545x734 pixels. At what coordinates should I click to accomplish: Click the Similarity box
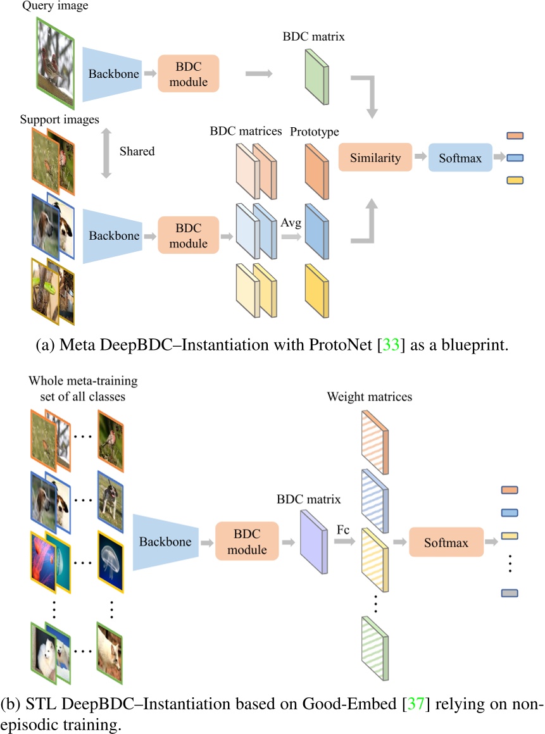point(375,158)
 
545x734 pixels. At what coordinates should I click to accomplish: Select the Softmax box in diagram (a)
point(461,158)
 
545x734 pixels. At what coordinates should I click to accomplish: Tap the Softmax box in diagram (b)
point(446,542)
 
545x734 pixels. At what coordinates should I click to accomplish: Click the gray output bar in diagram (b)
point(510,593)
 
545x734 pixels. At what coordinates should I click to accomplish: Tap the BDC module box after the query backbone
point(188,74)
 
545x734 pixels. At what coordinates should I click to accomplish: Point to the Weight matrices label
point(370,397)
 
